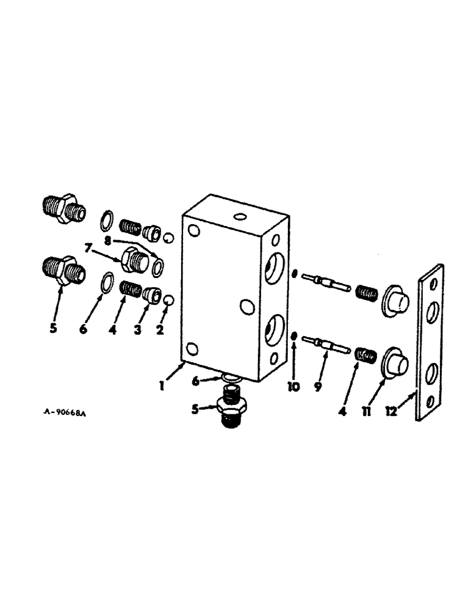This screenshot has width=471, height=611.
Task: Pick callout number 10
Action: coord(294,387)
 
